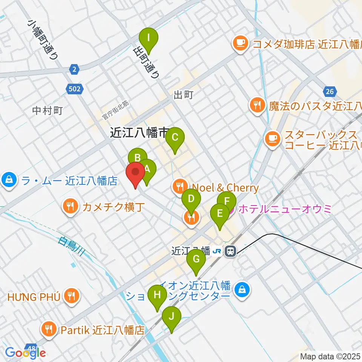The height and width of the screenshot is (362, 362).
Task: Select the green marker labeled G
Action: pos(196,259)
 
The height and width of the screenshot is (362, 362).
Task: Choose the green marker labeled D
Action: pos(191,199)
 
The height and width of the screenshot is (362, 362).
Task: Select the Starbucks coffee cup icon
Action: pos(272,138)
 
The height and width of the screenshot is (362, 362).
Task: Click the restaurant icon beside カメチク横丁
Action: pos(70,206)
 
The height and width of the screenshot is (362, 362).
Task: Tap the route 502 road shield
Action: pos(75,89)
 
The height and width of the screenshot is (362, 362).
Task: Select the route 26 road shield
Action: pos(329,91)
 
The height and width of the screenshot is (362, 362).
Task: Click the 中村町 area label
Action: pos(47,111)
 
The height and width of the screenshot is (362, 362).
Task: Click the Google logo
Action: pos(25,353)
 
